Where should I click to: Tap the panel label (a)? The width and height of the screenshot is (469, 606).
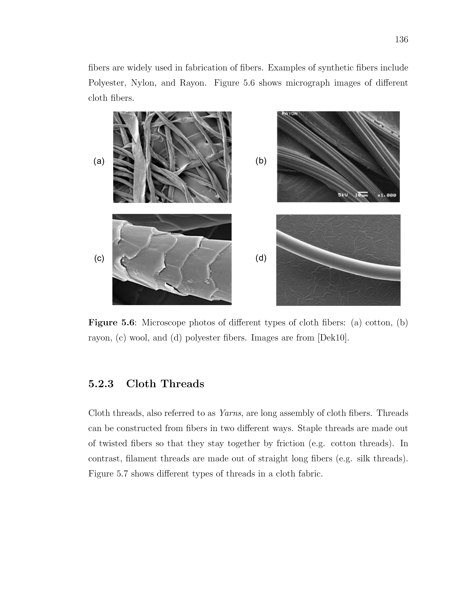point(99,161)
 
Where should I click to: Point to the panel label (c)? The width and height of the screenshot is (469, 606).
point(99,258)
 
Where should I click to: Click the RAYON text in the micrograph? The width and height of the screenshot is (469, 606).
point(289,113)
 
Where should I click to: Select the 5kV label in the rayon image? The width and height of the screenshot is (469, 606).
point(343,195)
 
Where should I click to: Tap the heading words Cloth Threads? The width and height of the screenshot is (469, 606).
point(165,384)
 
